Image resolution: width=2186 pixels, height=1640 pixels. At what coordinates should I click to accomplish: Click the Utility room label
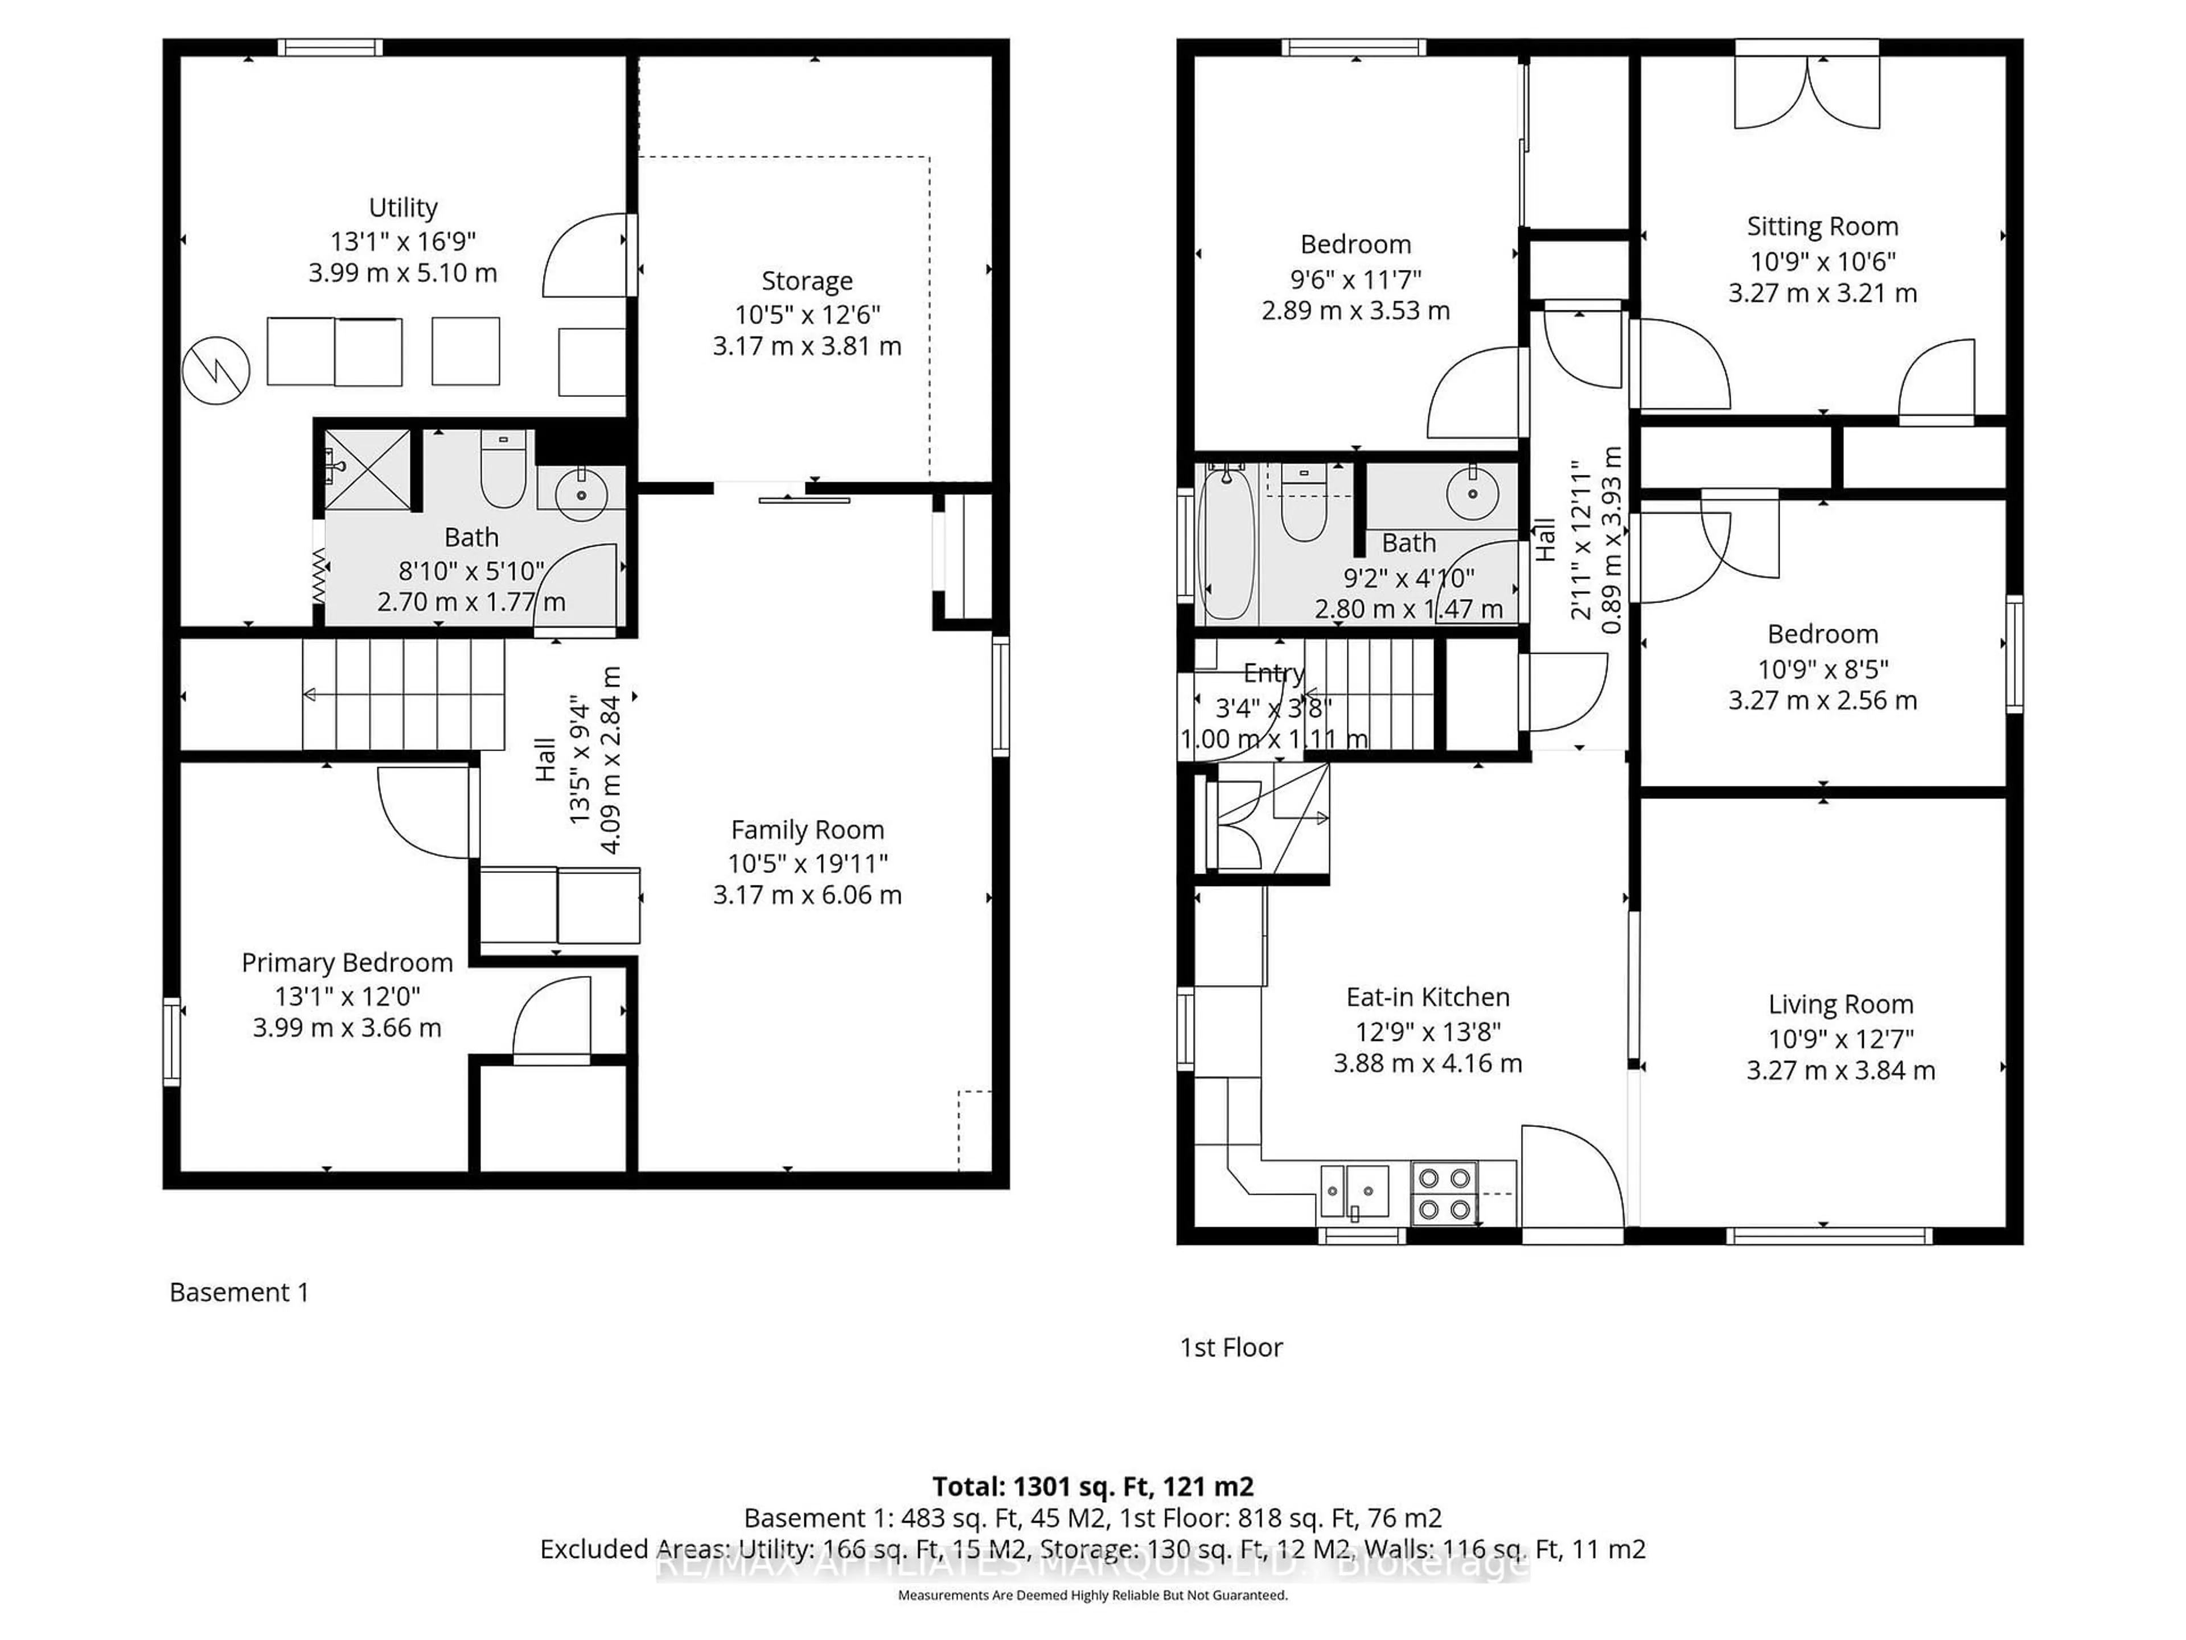[x=402, y=208]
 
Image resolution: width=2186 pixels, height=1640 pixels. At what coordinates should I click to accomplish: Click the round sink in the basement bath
[x=581, y=494]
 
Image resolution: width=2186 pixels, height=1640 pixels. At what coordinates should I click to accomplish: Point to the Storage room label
[x=807, y=282]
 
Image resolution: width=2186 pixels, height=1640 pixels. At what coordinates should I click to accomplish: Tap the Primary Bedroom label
[x=347, y=963]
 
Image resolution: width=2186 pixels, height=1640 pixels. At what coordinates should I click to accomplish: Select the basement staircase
[x=403, y=695]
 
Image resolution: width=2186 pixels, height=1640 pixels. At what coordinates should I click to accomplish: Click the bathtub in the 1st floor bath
[x=1226, y=544]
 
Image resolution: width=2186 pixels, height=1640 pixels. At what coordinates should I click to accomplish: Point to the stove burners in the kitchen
[x=1444, y=1193]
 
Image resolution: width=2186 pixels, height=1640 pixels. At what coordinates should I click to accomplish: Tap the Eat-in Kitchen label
[x=1427, y=998]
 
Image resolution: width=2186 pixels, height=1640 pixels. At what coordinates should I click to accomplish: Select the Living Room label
[x=1840, y=1004]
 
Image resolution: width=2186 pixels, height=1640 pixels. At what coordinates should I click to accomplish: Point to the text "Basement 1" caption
[x=239, y=1292]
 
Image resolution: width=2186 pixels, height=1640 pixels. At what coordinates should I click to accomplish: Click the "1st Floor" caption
[x=1231, y=1347]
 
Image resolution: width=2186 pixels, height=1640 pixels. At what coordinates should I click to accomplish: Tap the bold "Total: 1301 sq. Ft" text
[x=1092, y=1486]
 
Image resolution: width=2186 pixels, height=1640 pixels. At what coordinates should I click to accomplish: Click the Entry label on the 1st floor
[x=1273, y=673]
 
